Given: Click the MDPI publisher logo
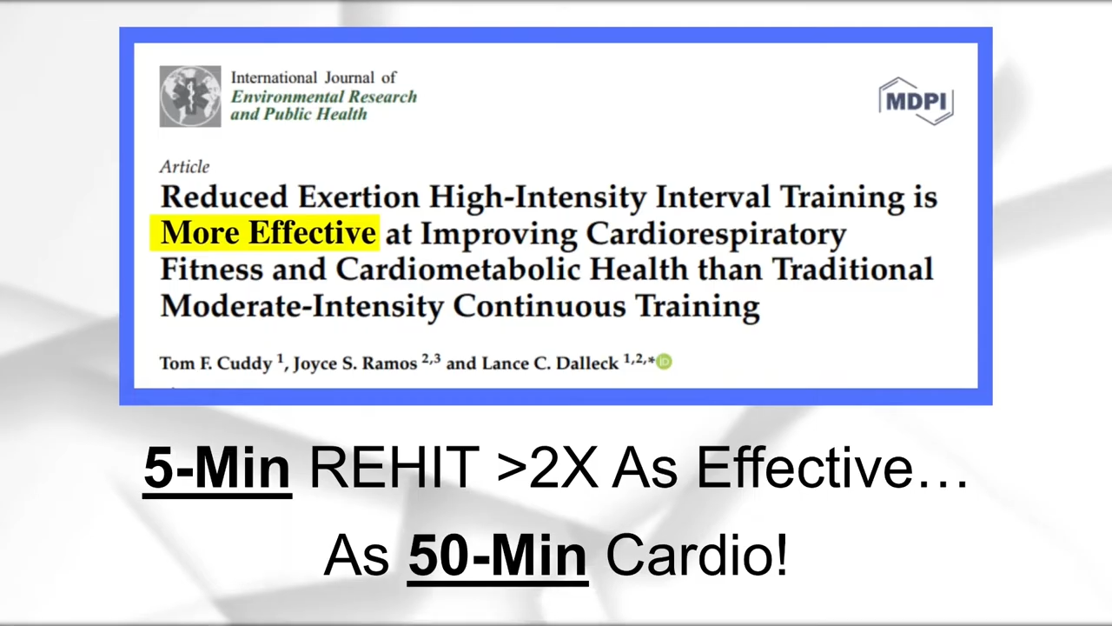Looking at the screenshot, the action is [x=916, y=102].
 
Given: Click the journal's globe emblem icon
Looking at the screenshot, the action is [x=190, y=97].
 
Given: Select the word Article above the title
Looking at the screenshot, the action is [x=185, y=166].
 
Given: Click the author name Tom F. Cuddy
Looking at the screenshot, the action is [x=216, y=363].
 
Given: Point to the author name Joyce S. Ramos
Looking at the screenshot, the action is [x=355, y=363].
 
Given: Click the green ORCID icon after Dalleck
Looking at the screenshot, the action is [x=665, y=362].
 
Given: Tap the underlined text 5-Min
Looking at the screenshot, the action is [x=217, y=468].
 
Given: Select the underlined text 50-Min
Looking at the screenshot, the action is [x=498, y=555].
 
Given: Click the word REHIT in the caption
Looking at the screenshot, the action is [x=394, y=468].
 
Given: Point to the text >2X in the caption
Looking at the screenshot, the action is [x=546, y=468].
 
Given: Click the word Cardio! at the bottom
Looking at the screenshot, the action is [x=697, y=555].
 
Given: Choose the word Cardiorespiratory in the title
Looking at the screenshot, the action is [x=716, y=234].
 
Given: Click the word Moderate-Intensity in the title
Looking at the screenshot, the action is [x=301, y=305].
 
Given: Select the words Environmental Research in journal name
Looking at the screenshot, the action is [x=324, y=97].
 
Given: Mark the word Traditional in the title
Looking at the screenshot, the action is [x=852, y=269].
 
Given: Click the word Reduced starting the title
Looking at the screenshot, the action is [x=224, y=196].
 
